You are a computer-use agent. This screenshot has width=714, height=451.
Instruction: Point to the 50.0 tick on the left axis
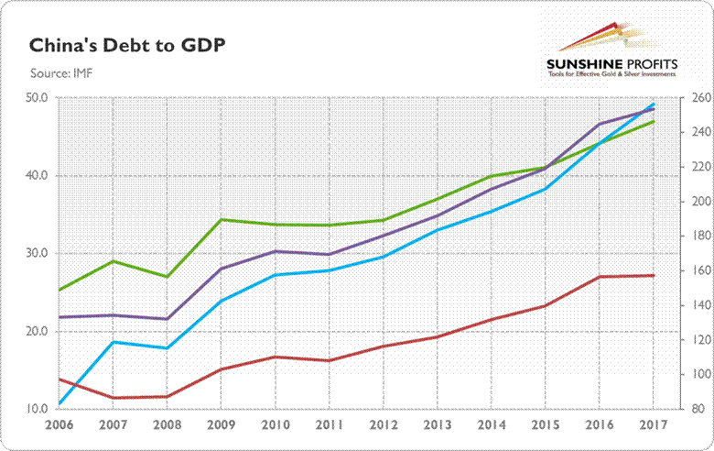pyautogui.click(x=37, y=97)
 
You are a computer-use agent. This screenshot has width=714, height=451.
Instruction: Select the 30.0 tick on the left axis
pyautogui.click(x=37, y=253)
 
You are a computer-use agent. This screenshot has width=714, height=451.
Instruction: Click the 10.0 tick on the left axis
pyautogui.click(x=37, y=409)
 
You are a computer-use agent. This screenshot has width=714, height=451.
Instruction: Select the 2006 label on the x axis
pyautogui.click(x=59, y=427)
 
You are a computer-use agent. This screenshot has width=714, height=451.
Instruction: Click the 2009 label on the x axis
pyautogui.click(x=221, y=427)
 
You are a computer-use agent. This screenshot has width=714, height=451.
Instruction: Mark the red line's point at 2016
pyautogui.click(x=599, y=276)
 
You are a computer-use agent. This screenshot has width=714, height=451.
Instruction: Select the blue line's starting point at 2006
pyautogui.click(x=59, y=403)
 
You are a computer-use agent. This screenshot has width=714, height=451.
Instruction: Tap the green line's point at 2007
pyautogui.click(x=113, y=261)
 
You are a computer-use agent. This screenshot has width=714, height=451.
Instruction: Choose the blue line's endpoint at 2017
pyautogui.click(x=653, y=104)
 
